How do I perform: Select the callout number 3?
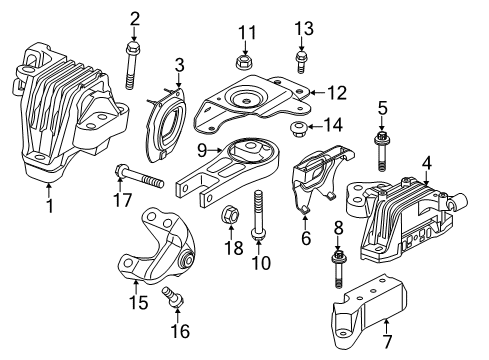[x=179, y=65]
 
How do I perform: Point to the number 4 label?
[x=426, y=161]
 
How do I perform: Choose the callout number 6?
[x=307, y=241]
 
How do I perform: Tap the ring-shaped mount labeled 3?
[x=165, y=124]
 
